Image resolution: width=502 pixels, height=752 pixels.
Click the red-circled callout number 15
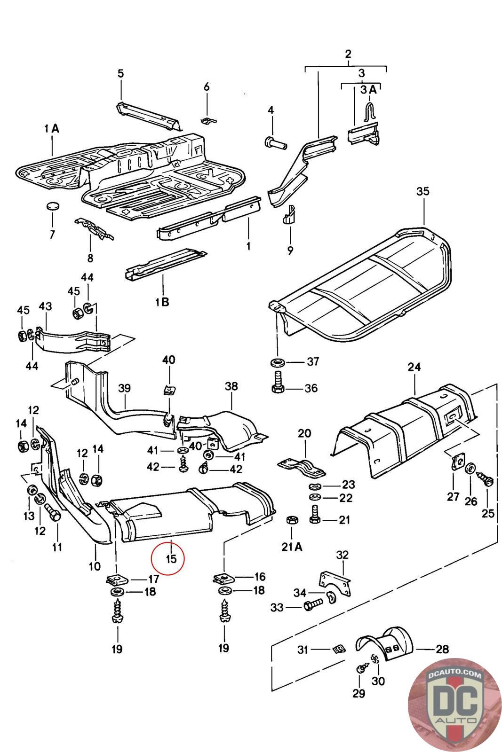[x=171, y=558]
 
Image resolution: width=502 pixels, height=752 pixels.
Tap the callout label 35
[x=423, y=191]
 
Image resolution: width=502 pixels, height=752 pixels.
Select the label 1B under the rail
[x=161, y=301]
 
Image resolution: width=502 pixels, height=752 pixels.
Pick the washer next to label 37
[x=278, y=362]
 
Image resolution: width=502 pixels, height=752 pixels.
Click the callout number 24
[x=414, y=367]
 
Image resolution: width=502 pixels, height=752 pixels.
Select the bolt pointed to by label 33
[x=312, y=607]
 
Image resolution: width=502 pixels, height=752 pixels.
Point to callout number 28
[x=442, y=649]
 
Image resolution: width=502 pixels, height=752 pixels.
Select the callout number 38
[x=231, y=386]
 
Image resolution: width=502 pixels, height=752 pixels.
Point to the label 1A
[x=51, y=128]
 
